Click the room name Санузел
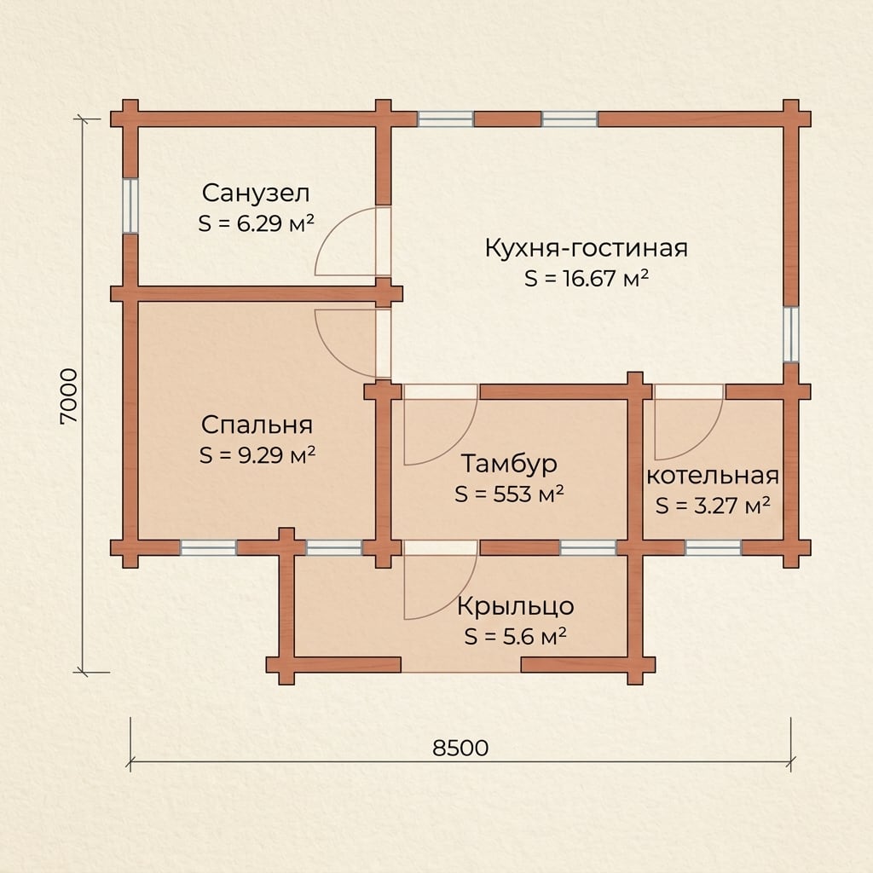coord(256,194)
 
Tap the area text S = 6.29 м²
coord(256,223)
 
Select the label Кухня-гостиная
coord(587,248)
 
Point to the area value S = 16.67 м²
coord(587,278)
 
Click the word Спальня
coord(257,425)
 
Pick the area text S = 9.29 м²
coord(257,455)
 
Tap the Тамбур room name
coord(509,464)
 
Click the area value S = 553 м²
coord(509,494)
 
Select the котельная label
coord(712,476)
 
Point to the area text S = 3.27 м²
coord(713,506)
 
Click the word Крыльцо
coord(516,606)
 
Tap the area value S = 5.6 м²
coord(516,636)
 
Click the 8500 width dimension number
coord(460,748)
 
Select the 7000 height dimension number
coord(69,396)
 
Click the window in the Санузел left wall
coord(130,205)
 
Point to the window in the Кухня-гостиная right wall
coord(790,334)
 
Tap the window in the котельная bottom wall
coord(714,548)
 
